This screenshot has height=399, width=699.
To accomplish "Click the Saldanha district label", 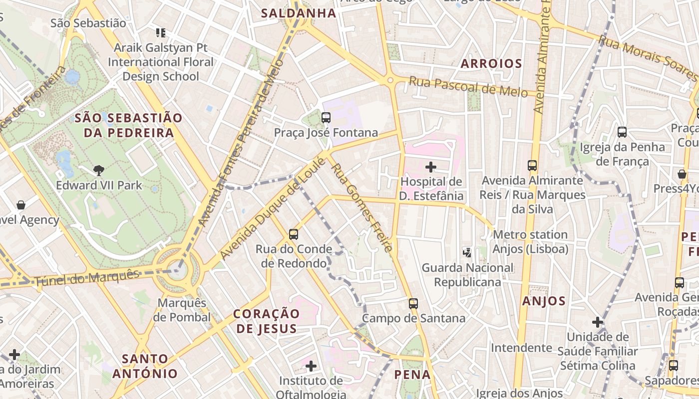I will [299, 13].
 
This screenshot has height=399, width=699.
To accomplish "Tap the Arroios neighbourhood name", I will [491, 64].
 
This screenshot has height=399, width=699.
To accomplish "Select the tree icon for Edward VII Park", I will [99, 171].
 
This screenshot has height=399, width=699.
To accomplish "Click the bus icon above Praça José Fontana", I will [326, 118].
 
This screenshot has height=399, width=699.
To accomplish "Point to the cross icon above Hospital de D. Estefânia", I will [430, 167].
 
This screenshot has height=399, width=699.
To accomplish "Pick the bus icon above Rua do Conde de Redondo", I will [294, 234].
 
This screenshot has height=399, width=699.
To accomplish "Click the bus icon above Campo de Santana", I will [413, 303].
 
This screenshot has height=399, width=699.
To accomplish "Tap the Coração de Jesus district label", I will [267, 321].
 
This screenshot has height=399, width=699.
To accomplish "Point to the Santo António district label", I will [145, 366].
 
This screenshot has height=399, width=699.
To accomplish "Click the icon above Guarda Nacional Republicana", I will [467, 253].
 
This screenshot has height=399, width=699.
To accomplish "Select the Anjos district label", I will [544, 301].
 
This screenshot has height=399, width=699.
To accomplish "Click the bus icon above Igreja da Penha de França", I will [622, 132].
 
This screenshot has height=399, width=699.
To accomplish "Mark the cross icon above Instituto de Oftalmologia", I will [311, 367].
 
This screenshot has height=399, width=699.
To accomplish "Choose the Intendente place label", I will [521, 348].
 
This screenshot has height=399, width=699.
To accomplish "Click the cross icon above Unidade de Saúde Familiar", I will [597, 322].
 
